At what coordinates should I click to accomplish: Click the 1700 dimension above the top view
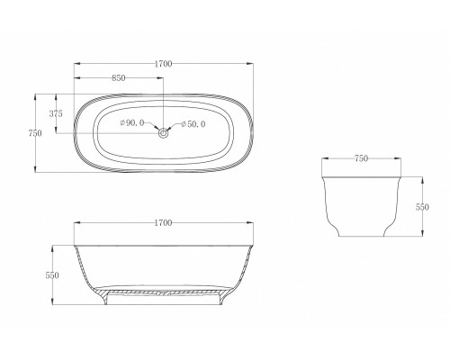(x=163, y=64)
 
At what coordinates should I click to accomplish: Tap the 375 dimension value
(x=56, y=113)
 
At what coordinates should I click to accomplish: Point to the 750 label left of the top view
(x=35, y=132)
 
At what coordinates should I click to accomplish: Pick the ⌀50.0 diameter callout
(x=193, y=123)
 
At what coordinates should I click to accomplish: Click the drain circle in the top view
(x=164, y=133)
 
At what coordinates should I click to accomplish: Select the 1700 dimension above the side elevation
(x=163, y=221)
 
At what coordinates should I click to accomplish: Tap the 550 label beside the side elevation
(x=52, y=275)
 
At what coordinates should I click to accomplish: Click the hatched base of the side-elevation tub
(x=164, y=292)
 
